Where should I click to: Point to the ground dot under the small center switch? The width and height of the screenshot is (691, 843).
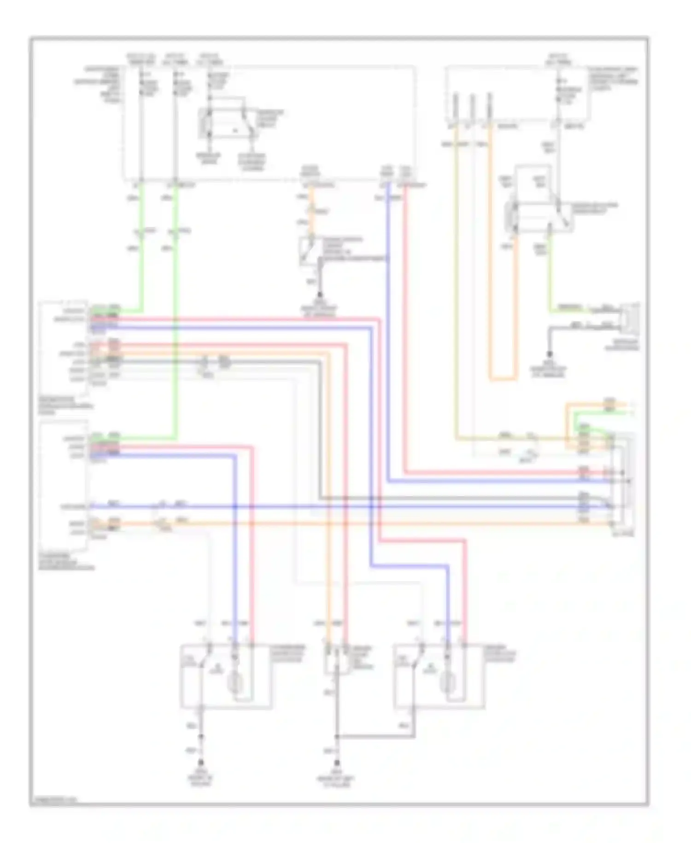[x=320, y=295]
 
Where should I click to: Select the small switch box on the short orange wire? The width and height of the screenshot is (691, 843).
[x=310, y=251]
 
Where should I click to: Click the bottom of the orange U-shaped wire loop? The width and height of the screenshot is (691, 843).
[x=502, y=380]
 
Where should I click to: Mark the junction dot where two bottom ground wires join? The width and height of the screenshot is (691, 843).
[x=337, y=736]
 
